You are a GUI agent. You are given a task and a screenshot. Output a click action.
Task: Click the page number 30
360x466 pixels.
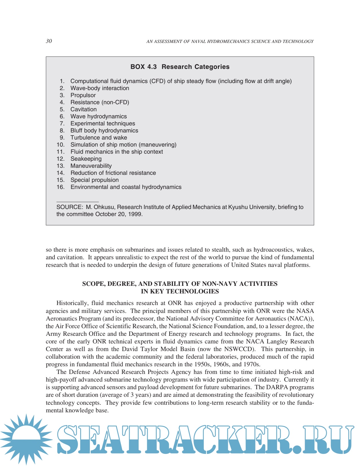point(49,41)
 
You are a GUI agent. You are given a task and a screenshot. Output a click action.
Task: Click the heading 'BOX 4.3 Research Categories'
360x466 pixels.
point(180,67)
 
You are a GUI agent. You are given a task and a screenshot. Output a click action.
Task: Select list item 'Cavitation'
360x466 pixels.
point(84,109)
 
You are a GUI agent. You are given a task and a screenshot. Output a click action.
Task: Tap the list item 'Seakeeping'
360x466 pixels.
point(86,159)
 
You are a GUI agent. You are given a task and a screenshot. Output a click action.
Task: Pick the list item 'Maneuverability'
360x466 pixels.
point(91,166)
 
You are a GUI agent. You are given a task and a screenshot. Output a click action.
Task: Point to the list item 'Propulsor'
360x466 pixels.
point(83,95)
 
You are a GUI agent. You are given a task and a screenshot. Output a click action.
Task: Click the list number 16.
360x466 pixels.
point(60,187)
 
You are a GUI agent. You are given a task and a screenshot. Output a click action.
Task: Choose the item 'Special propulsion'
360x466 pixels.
point(95,180)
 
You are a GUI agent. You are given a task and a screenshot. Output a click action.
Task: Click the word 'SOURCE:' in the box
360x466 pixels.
point(69,207)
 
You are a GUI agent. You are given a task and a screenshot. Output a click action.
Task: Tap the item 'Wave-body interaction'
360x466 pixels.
point(100,88)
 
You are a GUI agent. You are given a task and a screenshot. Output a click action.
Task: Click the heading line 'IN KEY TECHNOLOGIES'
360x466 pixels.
point(180,291)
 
